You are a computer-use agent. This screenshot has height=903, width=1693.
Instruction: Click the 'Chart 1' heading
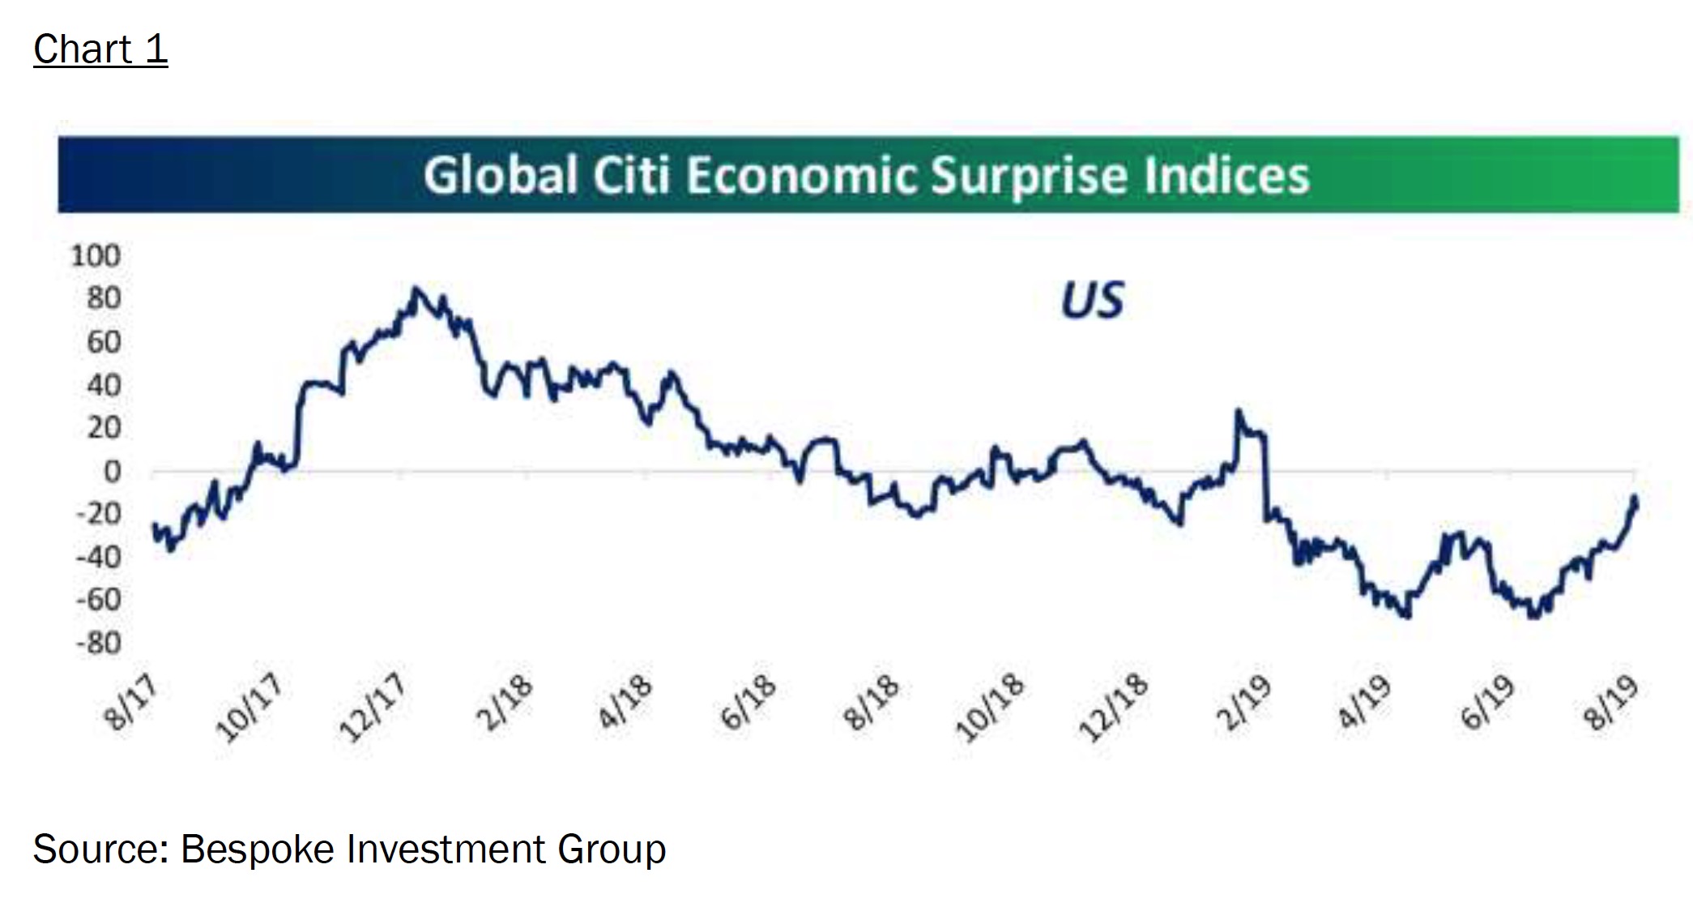(x=100, y=49)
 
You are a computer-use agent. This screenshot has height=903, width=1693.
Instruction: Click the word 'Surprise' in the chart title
(x=1030, y=176)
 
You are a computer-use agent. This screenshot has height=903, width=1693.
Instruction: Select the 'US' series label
(x=1093, y=301)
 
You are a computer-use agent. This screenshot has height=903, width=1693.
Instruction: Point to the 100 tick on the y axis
(x=96, y=256)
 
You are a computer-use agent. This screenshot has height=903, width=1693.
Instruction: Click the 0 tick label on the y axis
(x=112, y=472)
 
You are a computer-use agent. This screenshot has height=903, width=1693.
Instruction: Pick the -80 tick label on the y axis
(x=99, y=644)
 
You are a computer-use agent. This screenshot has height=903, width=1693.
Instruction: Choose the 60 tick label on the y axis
(x=104, y=342)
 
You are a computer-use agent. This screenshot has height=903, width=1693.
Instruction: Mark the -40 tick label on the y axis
(x=99, y=558)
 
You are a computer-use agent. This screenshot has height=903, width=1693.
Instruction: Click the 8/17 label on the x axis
(x=130, y=703)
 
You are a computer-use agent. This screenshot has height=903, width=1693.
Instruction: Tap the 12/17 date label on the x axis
(x=373, y=708)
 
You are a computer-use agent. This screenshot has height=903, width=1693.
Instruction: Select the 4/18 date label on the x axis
(x=625, y=702)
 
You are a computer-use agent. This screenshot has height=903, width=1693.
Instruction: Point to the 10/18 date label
(x=990, y=708)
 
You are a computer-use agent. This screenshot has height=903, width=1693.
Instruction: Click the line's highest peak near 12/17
(x=416, y=289)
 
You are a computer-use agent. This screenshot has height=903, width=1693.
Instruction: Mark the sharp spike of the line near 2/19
(x=1238, y=412)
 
